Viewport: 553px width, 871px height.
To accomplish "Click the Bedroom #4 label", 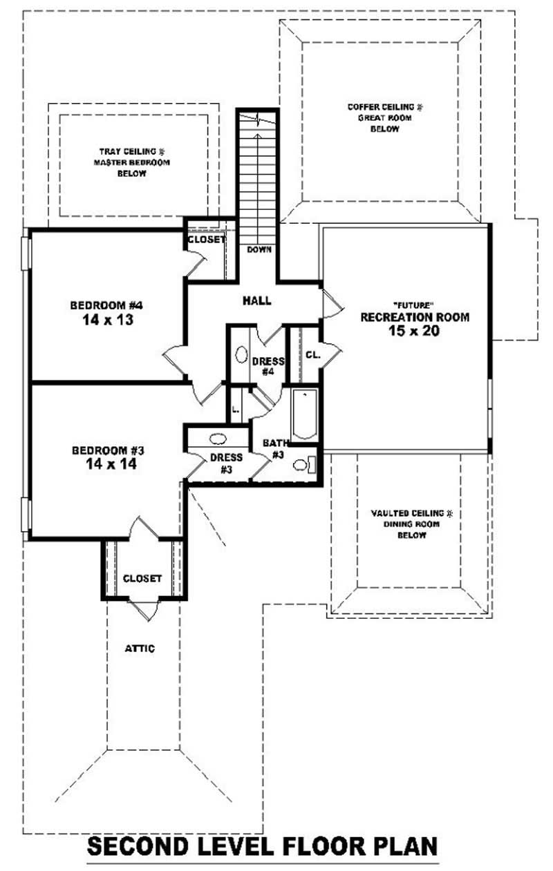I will [x=106, y=305].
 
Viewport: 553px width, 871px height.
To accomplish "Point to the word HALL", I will [x=256, y=300].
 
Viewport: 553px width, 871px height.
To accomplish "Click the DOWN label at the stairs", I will [x=259, y=249].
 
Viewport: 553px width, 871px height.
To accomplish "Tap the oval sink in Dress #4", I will [x=241, y=354].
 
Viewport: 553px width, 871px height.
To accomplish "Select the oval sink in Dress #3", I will [x=218, y=438].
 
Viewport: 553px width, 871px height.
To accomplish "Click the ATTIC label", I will [x=139, y=649].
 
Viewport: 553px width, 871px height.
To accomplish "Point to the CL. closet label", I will [x=312, y=354].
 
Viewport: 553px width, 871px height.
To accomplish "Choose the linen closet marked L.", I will [x=236, y=409].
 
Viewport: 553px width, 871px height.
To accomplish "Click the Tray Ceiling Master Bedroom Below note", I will [x=131, y=162].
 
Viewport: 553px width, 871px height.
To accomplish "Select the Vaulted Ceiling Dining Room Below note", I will [x=411, y=524].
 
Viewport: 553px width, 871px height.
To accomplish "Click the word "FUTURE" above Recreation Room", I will [x=413, y=304].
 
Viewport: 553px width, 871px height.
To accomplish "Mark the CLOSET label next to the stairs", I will [x=206, y=240].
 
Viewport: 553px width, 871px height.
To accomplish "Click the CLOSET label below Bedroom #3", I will [x=142, y=578].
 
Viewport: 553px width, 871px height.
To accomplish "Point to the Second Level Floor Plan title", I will [x=263, y=846].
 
